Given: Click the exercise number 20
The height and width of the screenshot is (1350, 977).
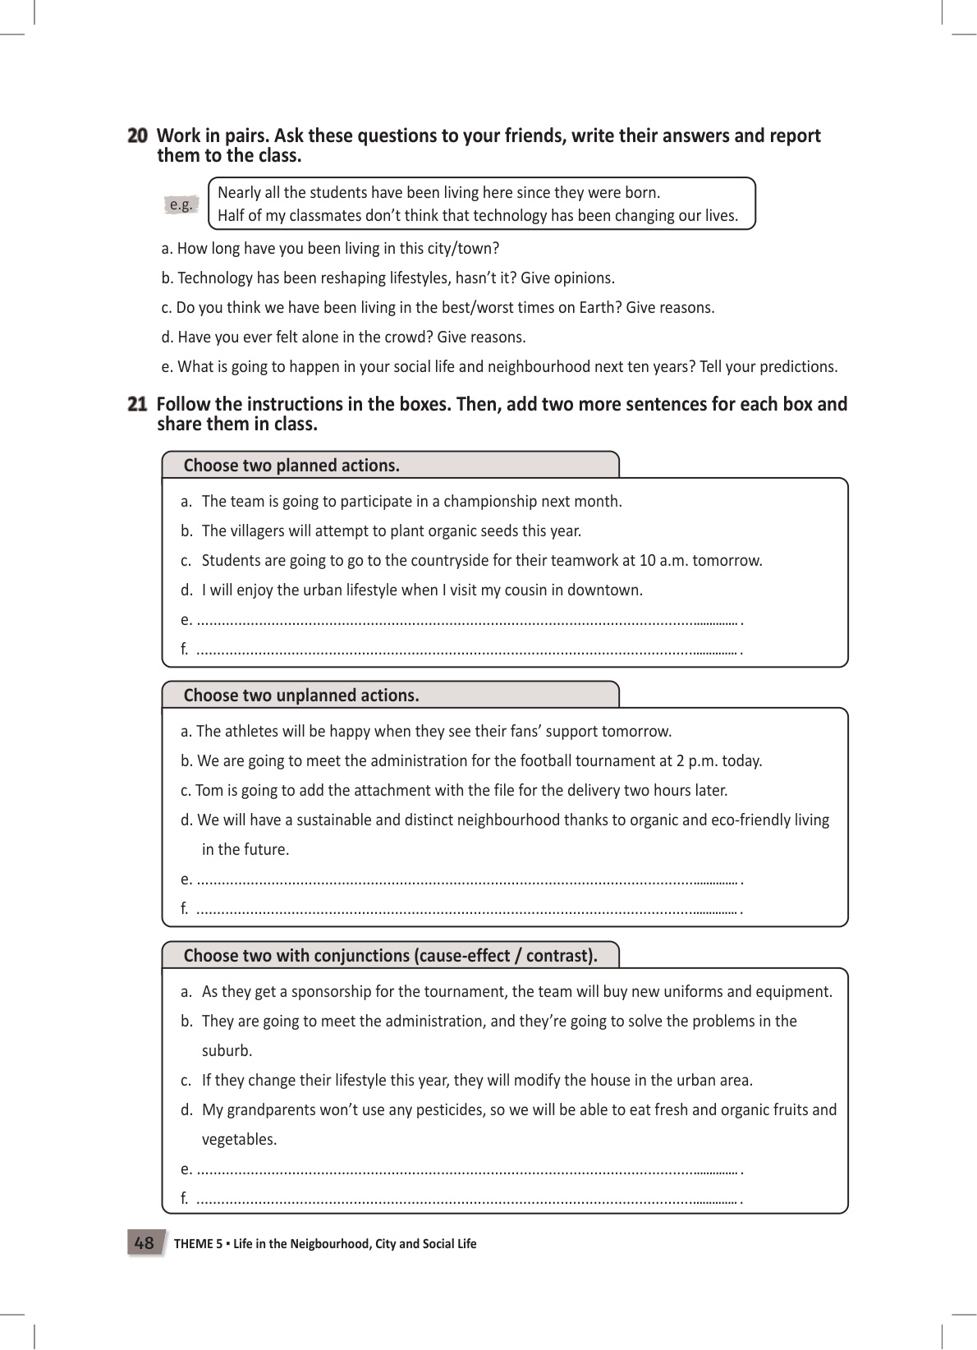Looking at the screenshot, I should pos(137,136).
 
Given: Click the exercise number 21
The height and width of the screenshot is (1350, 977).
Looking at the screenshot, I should pos(137,404).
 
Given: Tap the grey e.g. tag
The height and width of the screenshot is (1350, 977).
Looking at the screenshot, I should pos(181,204).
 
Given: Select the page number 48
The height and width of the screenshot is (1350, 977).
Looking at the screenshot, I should pos(144,1243).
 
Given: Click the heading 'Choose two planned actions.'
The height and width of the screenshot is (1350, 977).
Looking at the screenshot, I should pos(291,466).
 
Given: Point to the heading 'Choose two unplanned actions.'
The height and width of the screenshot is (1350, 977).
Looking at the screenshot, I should pos(301,696).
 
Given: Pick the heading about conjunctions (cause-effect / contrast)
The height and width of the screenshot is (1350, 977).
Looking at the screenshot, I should pos(390,956).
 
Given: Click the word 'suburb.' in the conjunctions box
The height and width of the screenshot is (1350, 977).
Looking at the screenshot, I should pos(227,1051).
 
